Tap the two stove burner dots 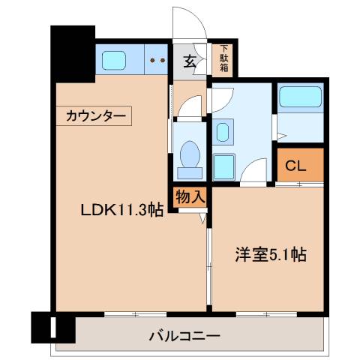(x=157, y=60)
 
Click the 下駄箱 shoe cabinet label (x=223, y=58)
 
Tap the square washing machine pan (x=223, y=165)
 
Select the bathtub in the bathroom (x=299, y=97)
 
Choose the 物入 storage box (x=190, y=196)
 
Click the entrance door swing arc (x=190, y=21)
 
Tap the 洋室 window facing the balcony (x=265, y=312)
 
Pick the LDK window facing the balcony (x=135, y=312)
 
